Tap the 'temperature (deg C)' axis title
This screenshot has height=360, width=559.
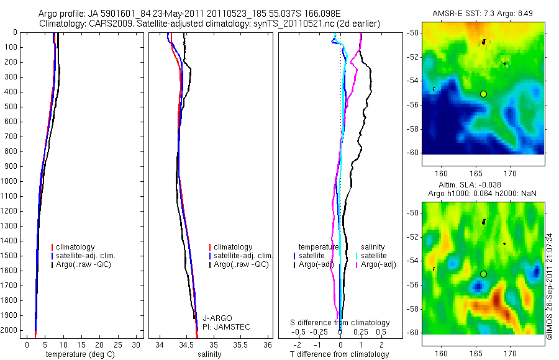79,354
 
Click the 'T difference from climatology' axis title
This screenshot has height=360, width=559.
339,354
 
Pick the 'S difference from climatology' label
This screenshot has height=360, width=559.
340,323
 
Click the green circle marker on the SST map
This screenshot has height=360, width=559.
483,93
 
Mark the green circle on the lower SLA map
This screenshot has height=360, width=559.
483,274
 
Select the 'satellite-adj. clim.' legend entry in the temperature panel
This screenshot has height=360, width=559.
86,256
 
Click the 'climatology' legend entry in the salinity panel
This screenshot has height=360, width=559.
232,247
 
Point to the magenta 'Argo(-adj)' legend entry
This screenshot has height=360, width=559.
379,265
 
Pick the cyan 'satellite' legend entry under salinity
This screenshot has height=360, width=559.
374,256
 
